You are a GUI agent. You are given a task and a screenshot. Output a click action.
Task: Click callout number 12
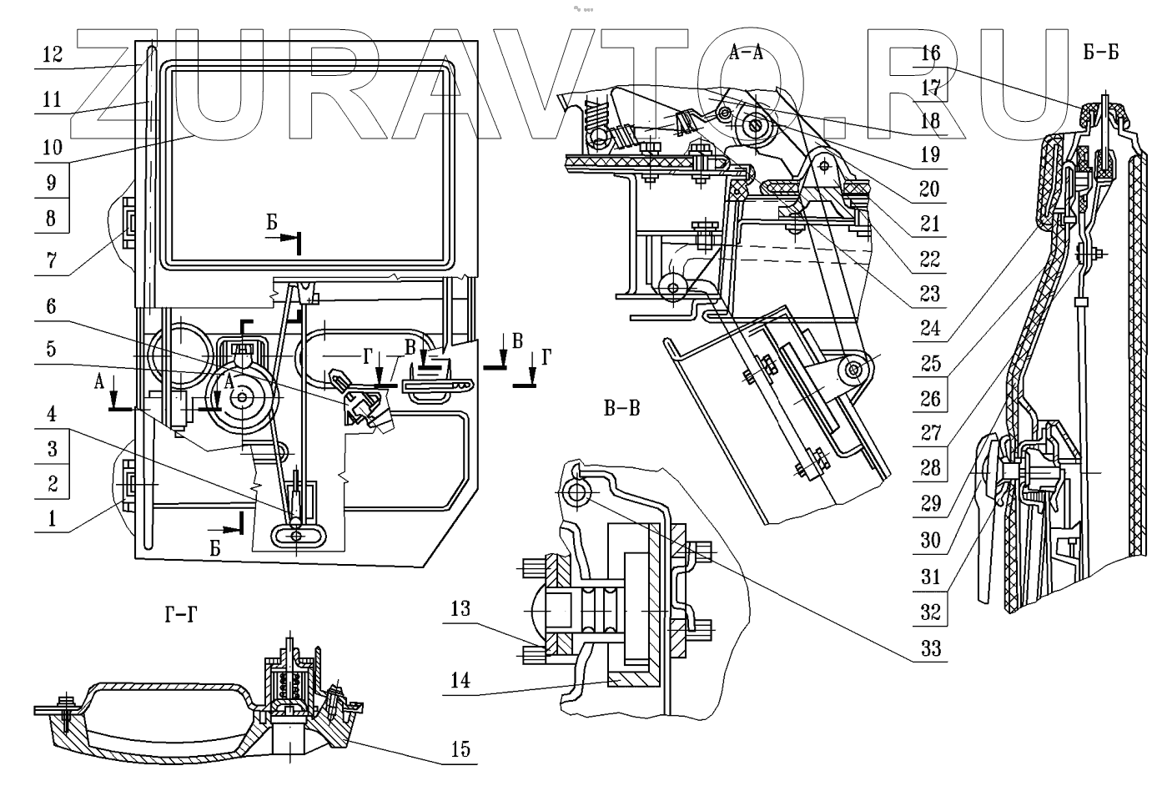pos(52,55)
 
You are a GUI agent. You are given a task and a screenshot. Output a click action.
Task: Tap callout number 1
pos(52,519)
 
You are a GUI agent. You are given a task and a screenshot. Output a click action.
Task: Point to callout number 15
pos(460,748)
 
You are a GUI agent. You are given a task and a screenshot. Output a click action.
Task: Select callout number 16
pos(930,53)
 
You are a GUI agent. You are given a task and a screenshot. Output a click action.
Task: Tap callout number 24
pos(930,329)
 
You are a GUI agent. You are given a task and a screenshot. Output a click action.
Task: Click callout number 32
pos(930,612)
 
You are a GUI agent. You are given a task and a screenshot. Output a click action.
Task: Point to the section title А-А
pos(747,55)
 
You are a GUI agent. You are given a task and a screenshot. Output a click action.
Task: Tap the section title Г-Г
pos(181,617)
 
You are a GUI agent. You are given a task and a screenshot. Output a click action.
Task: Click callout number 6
pos(52,307)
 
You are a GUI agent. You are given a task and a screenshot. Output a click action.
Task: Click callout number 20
pos(930,189)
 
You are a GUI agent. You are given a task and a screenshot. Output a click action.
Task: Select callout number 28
pos(930,469)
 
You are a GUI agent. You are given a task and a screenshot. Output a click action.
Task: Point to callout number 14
pos(460,680)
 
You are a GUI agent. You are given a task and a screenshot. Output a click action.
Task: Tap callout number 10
pos(52,148)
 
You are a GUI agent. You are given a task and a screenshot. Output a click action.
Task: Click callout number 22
pos(930,259)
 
